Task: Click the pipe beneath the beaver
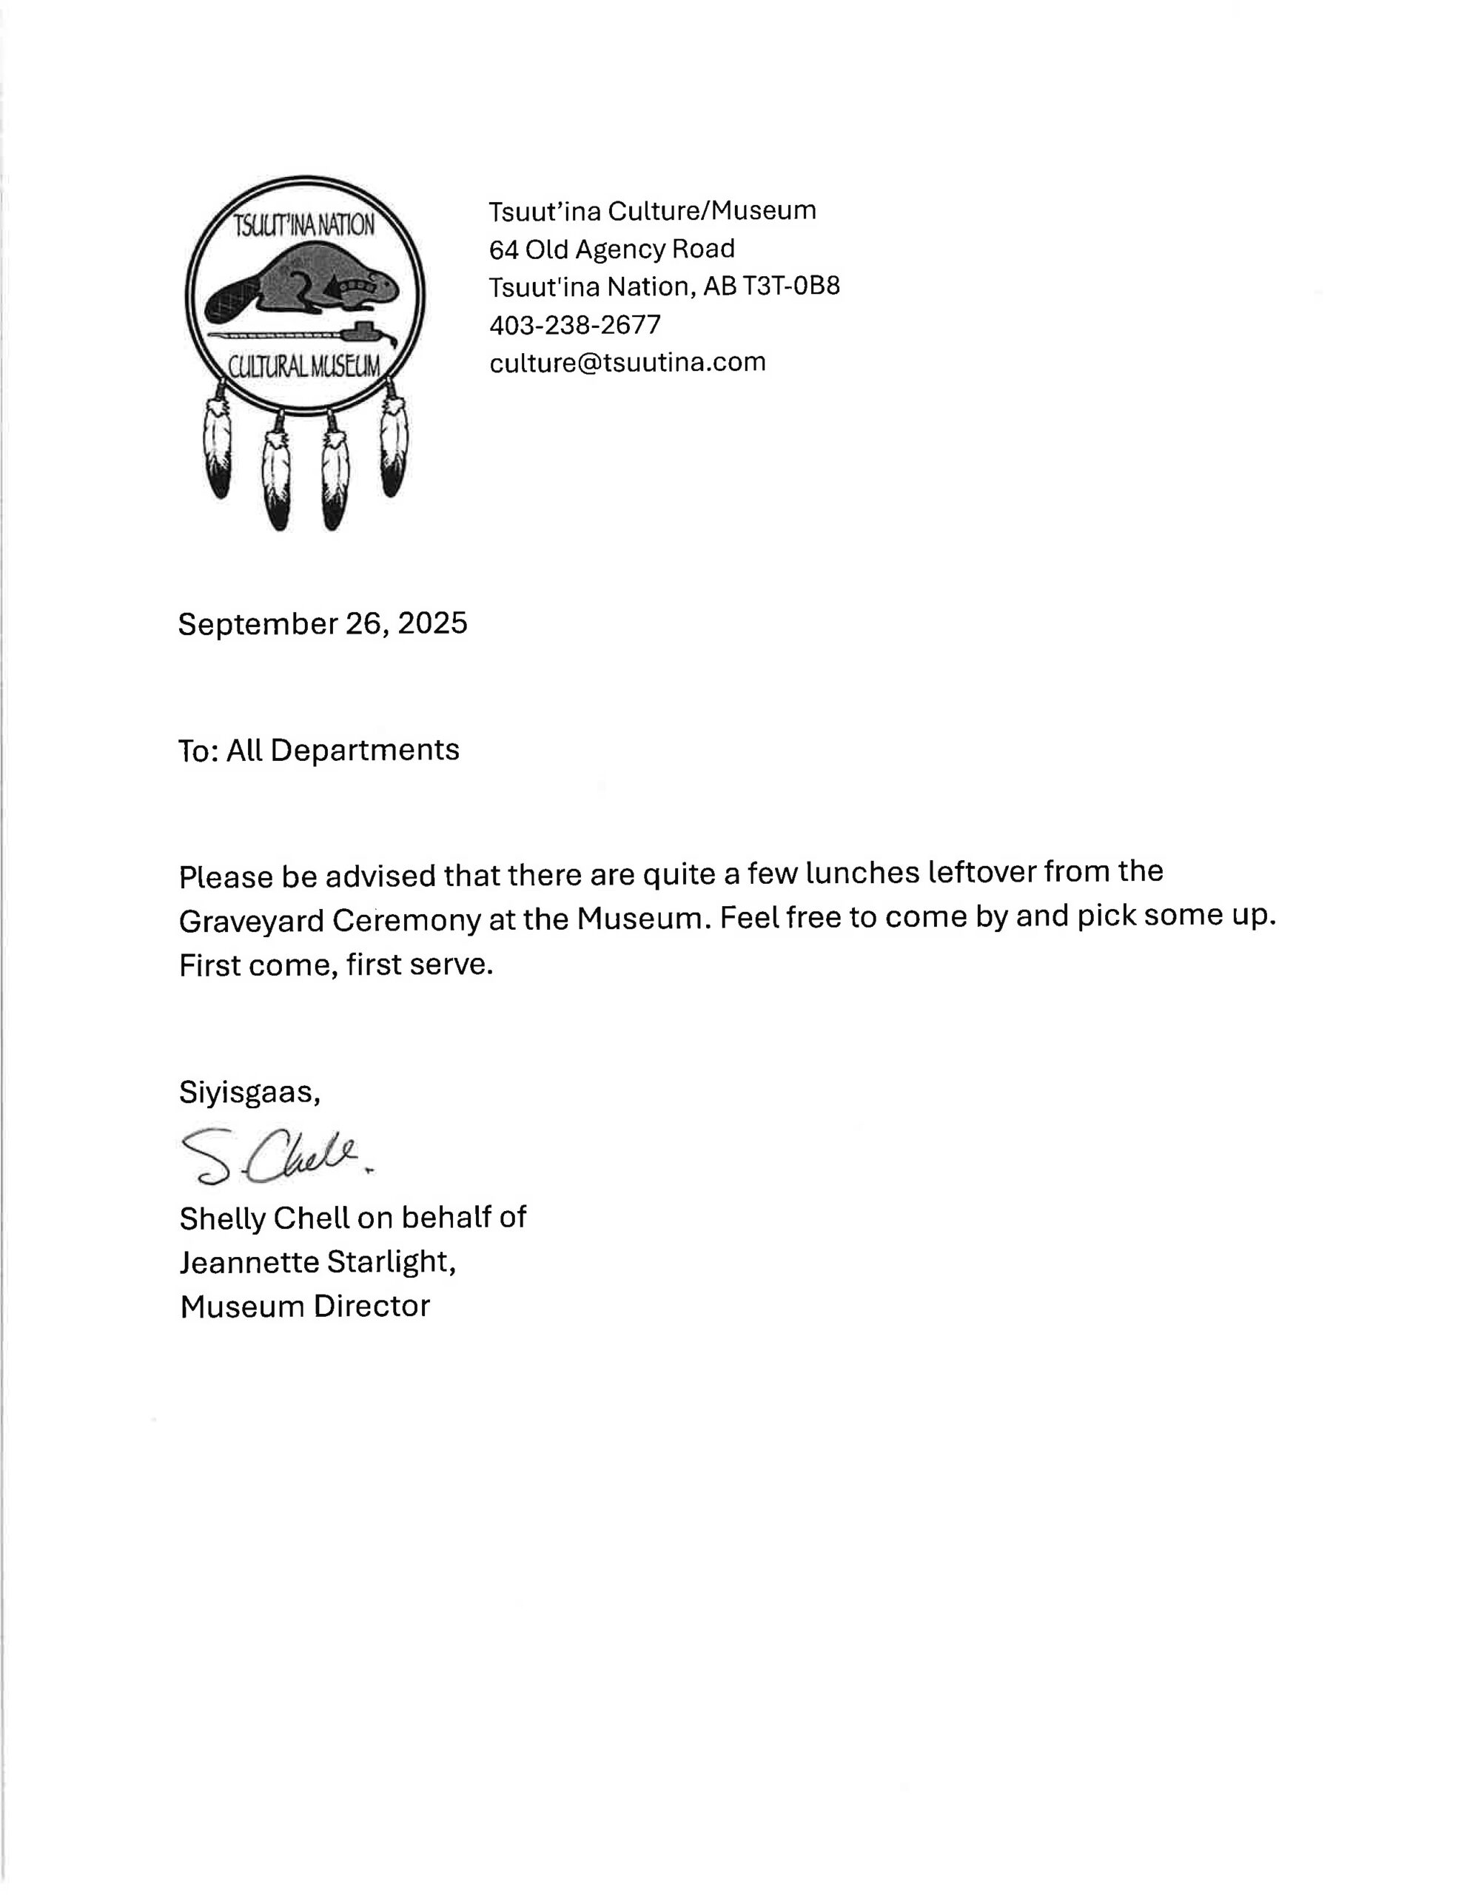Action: [x=303, y=334]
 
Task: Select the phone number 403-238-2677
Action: [x=574, y=324]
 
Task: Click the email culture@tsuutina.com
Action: [x=628, y=362]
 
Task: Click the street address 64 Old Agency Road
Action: [x=612, y=249]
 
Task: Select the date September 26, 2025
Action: [x=322, y=623]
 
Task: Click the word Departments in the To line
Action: [x=364, y=750]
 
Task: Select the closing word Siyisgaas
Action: [x=248, y=1092]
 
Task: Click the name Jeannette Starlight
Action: [x=317, y=1261]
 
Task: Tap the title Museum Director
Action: [x=305, y=1306]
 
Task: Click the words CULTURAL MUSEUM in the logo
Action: [x=303, y=367]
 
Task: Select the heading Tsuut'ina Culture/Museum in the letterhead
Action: [x=652, y=211]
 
